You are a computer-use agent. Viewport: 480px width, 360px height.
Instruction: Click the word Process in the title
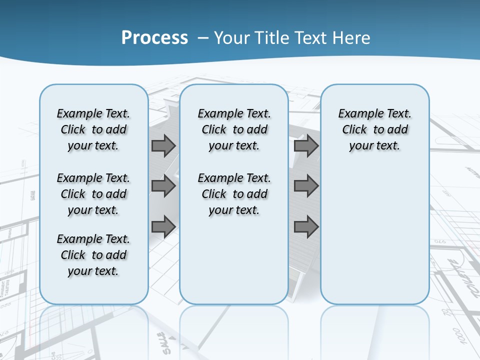154,38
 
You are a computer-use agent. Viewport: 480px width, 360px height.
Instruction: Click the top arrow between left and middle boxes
163,146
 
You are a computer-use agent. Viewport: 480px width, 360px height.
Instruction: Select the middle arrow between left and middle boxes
163,186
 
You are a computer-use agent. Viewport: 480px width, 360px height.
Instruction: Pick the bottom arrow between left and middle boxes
163,226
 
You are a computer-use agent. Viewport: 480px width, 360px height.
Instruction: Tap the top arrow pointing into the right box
306,146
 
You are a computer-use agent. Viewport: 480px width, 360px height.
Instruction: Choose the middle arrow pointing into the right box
306,186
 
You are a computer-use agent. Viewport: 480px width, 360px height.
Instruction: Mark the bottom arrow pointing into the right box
306,226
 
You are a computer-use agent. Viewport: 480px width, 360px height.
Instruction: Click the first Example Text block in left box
93,129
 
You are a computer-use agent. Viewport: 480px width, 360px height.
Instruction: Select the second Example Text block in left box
93,194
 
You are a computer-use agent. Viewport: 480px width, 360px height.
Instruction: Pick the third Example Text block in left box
93,255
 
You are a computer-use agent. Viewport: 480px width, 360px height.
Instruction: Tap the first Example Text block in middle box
234,129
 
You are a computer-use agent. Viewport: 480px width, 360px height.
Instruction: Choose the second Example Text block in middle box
234,194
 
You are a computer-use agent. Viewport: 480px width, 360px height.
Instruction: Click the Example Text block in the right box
374,129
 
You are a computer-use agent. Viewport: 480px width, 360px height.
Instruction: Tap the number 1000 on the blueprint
459,336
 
